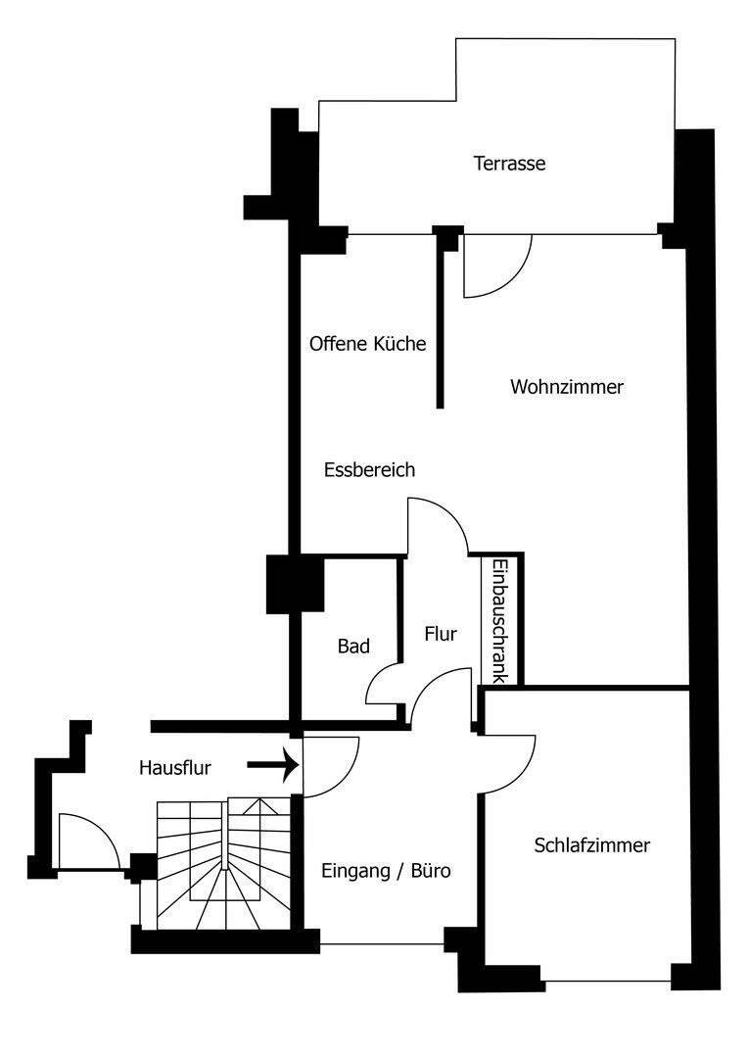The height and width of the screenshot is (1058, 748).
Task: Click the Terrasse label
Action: tap(509, 164)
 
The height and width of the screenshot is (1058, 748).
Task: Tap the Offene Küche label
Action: tap(367, 344)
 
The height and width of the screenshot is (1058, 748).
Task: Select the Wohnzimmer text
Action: tap(567, 387)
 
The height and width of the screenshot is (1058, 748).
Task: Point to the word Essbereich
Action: tap(369, 470)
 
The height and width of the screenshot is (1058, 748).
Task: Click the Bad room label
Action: tap(353, 647)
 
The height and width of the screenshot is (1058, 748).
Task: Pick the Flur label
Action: tap(441, 634)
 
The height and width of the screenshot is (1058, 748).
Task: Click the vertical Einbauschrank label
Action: tap(499, 621)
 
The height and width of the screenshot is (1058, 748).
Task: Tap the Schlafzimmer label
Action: tap(592, 845)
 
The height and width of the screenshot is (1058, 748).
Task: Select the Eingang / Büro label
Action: tap(386, 870)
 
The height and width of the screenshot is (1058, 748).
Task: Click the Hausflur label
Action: tap(175, 768)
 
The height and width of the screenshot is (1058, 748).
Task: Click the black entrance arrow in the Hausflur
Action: tap(272, 764)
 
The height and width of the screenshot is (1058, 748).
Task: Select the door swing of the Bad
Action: tap(385, 683)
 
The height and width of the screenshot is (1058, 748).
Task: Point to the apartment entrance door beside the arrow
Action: tap(331, 766)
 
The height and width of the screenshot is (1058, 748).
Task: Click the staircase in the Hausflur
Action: tap(224, 862)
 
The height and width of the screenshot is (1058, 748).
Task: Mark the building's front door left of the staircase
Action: tap(86, 842)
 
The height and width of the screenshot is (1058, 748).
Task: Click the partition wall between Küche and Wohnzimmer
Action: tap(441, 323)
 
